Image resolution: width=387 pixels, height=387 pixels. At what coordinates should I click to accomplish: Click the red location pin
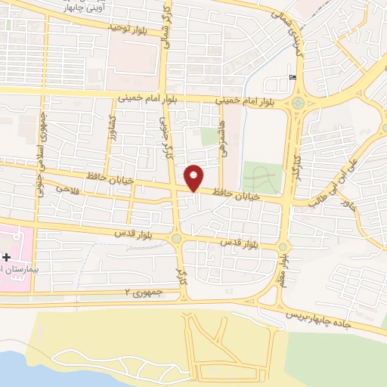(x=194, y=177)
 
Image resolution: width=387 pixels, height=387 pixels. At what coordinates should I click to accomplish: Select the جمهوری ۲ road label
(x=139, y=292)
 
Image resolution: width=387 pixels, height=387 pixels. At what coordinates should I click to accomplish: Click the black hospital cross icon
(x=7, y=257)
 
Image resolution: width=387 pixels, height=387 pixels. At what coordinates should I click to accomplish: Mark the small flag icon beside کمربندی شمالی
(x=293, y=76)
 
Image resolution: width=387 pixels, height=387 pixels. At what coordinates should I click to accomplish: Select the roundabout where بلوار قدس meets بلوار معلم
(x=283, y=246)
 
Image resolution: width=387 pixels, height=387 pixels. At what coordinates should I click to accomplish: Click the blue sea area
(x=30, y=367)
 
